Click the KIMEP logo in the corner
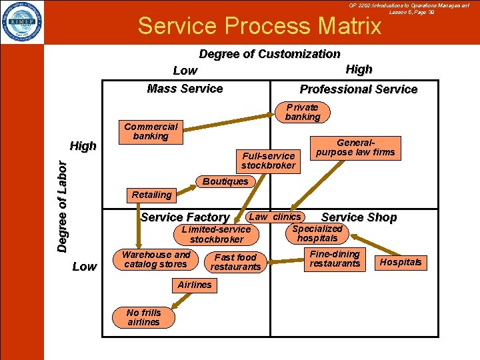[22, 22]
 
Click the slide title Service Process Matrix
[259, 25]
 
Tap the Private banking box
[303, 112]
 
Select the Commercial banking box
[151, 131]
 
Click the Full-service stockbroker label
[268, 161]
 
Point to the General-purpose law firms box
[355, 147]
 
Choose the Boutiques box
[225, 181]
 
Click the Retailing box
[151, 195]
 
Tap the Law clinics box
[275, 217]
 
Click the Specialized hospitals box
[317, 233]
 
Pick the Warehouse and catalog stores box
[156, 259]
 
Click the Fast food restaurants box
[235, 262]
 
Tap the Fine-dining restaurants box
[335, 259]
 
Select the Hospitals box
[401, 262]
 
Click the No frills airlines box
[143, 317]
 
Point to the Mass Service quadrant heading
[185, 89]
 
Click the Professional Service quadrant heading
[358, 89]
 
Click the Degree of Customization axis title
[269, 54]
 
